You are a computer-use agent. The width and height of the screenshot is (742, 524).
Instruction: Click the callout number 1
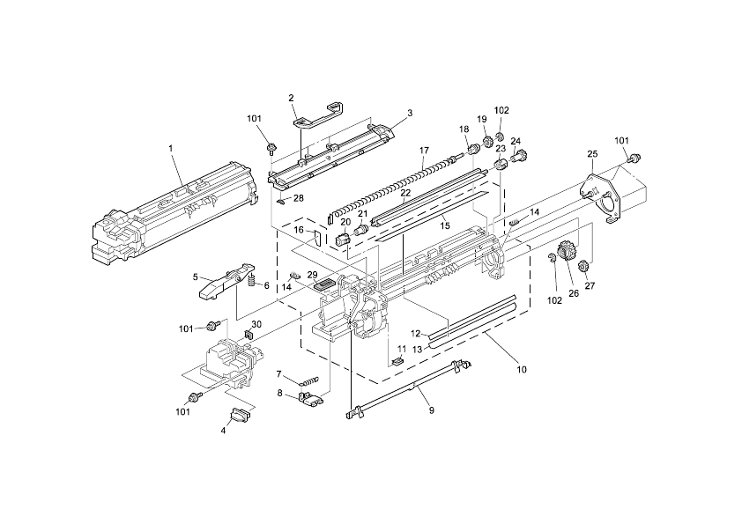pos(170,148)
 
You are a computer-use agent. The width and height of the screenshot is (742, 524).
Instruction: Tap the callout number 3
pos(409,113)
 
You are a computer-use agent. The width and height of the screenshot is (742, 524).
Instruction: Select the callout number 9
pos(431,410)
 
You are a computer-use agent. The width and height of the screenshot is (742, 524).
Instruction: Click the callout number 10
pos(522,369)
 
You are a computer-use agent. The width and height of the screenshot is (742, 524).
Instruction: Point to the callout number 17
pos(424,151)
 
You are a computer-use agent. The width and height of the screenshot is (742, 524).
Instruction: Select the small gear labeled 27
pos(582,267)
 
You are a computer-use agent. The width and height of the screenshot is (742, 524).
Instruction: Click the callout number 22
pos(405,192)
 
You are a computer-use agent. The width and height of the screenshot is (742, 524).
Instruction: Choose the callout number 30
pos(256,324)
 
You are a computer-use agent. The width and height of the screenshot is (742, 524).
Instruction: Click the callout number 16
pos(299,230)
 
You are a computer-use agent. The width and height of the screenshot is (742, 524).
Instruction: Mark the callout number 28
pos(298,198)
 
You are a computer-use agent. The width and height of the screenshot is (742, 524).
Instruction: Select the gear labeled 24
pos(521,159)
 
